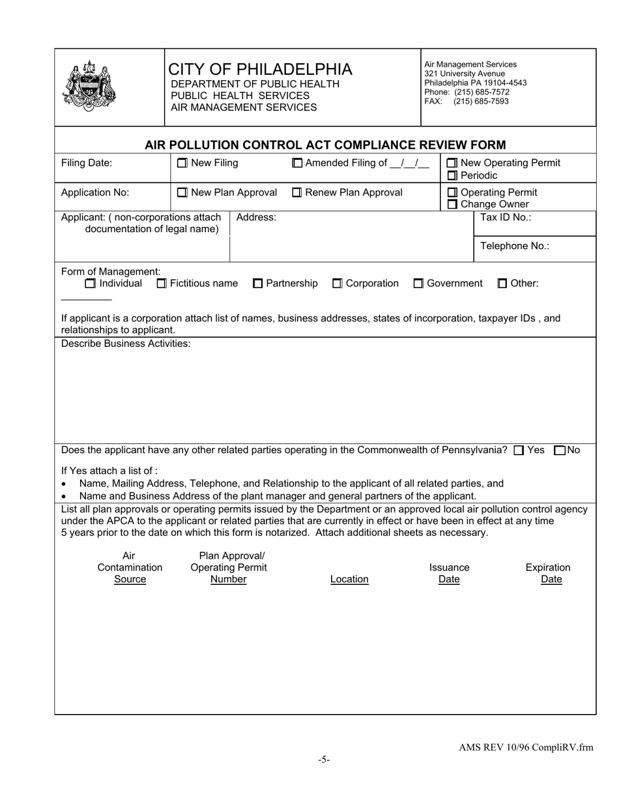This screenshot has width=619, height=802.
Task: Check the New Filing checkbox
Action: click(x=182, y=163)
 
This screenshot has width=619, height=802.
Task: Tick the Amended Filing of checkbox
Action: click(x=297, y=163)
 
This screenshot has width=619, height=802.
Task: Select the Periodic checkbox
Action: click(x=453, y=175)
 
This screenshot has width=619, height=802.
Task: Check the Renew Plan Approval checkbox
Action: click(x=297, y=192)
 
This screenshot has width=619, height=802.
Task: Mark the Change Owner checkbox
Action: click(x=453, y=205)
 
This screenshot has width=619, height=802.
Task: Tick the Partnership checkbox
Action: click(x=258, y=284)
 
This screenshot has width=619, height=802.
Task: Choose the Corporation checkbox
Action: click(x=338, y=284)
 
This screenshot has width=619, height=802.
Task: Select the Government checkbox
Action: click(x=419, y=284)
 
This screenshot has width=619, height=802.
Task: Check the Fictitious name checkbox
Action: click(x=162, y=284)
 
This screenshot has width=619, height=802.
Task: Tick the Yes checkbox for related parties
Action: click(x=519, y=451)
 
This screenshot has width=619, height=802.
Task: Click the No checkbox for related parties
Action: click(x=559, y=451)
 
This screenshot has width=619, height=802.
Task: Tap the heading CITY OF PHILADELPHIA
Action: click(x=260, y=69)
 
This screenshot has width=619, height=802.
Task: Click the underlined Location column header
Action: click(x=349, y=579)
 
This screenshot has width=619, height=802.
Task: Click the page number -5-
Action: click(x=324, y=760)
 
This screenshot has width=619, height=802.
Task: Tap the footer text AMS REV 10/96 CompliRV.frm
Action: click(x=526, y=748)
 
